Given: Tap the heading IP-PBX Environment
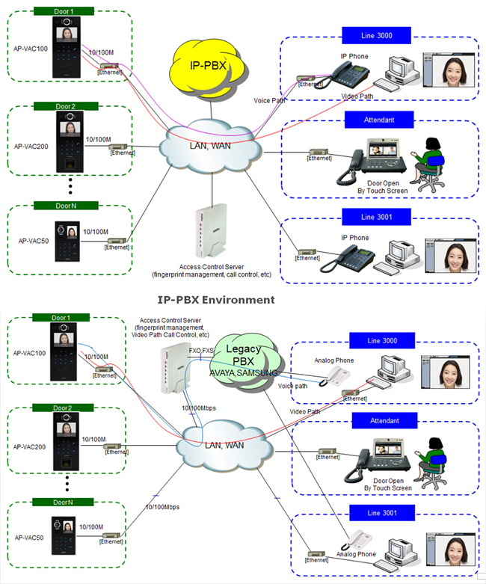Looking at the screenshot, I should [216, 300].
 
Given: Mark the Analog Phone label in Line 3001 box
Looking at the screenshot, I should [356, 554].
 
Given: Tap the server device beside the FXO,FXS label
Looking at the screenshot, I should [171, 369].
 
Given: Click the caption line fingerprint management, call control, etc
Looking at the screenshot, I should [212, 274].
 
